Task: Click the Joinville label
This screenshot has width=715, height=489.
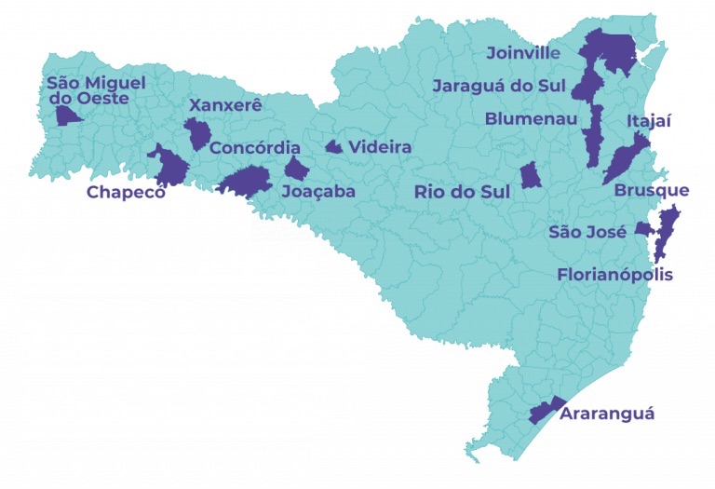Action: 523,53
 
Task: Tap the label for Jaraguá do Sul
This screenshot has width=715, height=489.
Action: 499,87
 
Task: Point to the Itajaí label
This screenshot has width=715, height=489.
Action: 649,121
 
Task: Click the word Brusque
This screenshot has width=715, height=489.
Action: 652,191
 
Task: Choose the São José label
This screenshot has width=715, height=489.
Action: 587,232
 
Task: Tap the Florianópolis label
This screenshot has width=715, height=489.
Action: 614,275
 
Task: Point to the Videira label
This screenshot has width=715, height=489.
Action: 380,147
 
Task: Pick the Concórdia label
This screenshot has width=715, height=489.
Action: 255,148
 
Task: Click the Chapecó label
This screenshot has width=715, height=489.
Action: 126,193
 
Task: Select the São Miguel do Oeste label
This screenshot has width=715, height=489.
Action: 96,90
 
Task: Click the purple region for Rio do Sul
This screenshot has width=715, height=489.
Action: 531,175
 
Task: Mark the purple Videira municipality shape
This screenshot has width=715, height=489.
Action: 333,146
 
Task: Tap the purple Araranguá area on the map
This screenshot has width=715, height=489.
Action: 545,411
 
